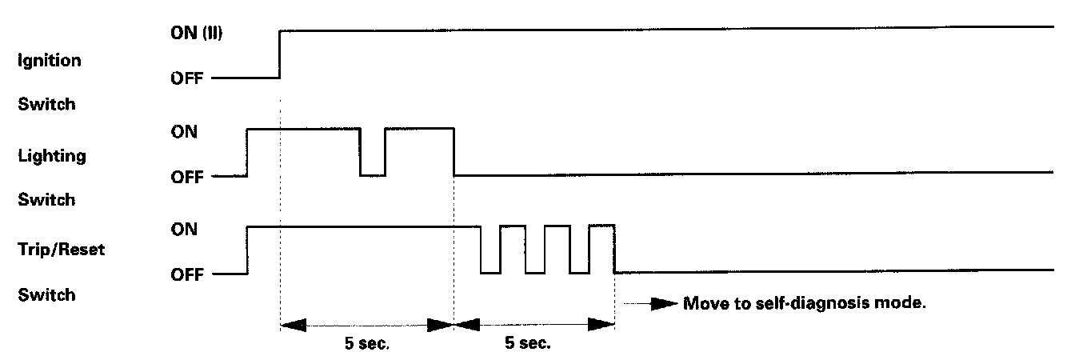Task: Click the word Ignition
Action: (x=49, y=61)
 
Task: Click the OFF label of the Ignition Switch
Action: (x=187, y=79)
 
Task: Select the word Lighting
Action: (x=51, y=157)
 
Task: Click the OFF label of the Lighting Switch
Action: (x=187, y=177)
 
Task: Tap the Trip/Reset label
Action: (x=61, y=250)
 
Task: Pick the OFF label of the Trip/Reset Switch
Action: (x=187, y=275)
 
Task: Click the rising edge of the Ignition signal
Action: (x=279, y=54)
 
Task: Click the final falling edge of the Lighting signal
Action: (x=454, y=150)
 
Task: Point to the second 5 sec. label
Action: (x=527, y=346)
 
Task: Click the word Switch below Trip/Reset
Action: (x=46, y=295)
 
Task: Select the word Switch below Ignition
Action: (x=46, y=103)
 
